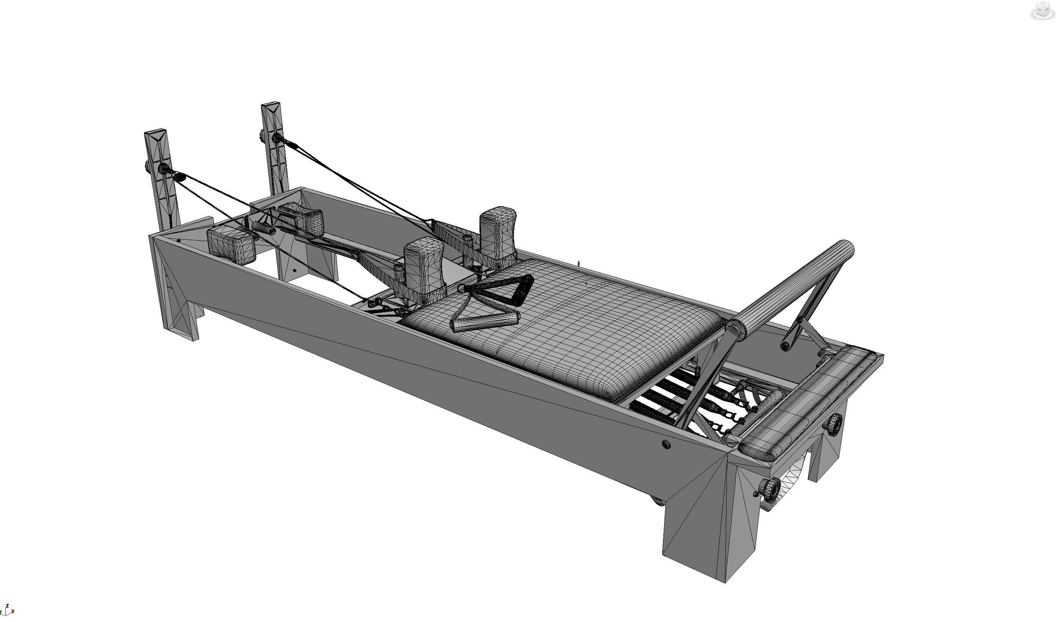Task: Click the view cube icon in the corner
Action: pos(1043,11)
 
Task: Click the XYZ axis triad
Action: pos(7,610)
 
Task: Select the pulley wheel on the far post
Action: pos(277,138)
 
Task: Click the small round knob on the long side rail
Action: pos(666,444)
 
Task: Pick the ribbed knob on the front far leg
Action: pos(835,422)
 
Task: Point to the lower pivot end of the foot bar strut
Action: pos(785,346)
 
